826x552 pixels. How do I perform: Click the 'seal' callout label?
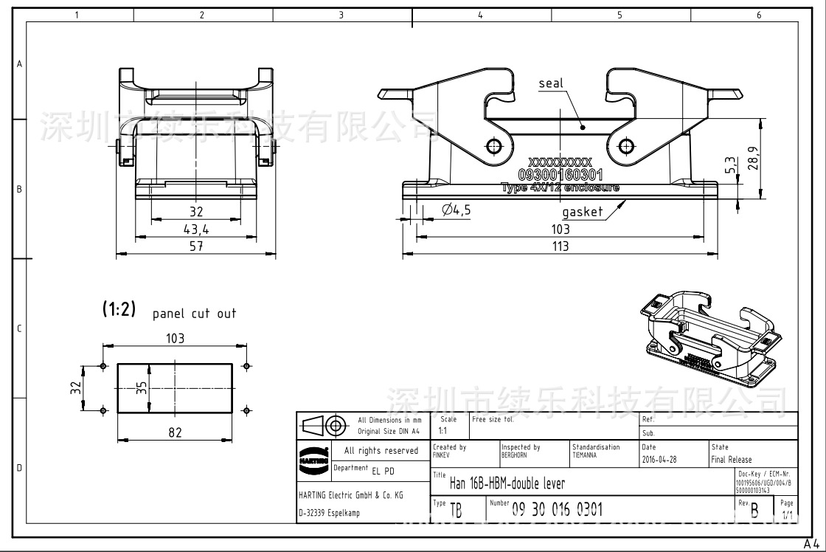550,83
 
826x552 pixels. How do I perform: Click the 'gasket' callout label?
582,213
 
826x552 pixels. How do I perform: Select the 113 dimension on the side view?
560,246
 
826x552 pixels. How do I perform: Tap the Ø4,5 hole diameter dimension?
456,210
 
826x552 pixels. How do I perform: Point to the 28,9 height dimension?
754,157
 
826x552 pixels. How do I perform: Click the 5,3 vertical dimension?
730,165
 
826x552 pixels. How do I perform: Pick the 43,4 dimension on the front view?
196,230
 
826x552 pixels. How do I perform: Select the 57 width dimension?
196,246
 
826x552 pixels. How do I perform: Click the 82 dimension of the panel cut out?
174,432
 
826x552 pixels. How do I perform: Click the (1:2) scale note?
119,310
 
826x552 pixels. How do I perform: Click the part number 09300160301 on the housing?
560,175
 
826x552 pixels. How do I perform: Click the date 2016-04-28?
659,459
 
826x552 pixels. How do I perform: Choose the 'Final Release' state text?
732,459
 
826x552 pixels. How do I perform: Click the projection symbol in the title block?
324,425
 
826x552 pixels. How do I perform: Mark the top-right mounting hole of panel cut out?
246,365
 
